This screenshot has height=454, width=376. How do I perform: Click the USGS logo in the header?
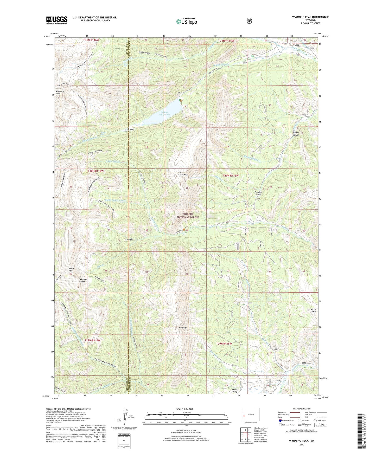tap(57, 20)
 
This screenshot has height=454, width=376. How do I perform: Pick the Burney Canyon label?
tap(296, 134)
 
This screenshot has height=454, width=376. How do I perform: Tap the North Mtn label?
tap(313, 310)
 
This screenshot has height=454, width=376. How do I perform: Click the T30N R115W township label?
tap(231, 176)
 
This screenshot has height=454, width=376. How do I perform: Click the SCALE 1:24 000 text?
tap(184, 409)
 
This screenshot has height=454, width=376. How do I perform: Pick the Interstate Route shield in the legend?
tap(280, 420)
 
